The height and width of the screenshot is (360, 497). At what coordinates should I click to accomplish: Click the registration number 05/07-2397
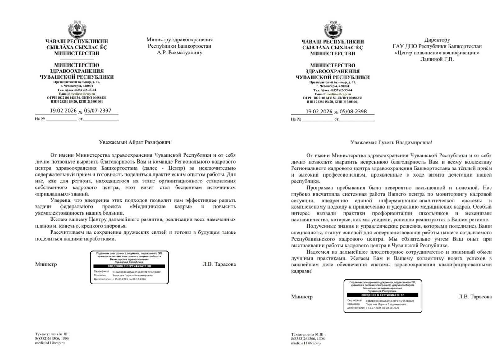coord(98,111)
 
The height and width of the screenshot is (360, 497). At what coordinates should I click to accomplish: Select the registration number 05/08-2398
coord(353,112)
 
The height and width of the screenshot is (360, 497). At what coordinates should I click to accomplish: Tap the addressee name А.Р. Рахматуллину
coord(180,53)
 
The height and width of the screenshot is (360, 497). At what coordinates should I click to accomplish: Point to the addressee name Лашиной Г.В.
coord(437,59)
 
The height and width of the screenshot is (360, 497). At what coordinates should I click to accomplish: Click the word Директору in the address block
coord(437,40)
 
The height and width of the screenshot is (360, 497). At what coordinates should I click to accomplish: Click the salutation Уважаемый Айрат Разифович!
coord(135,142)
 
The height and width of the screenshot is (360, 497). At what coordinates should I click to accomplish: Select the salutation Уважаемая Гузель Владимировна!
coord(391,143)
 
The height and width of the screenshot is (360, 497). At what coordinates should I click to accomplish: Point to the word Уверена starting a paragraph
coord(60,200)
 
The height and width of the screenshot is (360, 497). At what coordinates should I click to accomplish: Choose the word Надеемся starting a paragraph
coord(317,252)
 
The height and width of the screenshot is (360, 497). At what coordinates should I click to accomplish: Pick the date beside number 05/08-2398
coord(319,112)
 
